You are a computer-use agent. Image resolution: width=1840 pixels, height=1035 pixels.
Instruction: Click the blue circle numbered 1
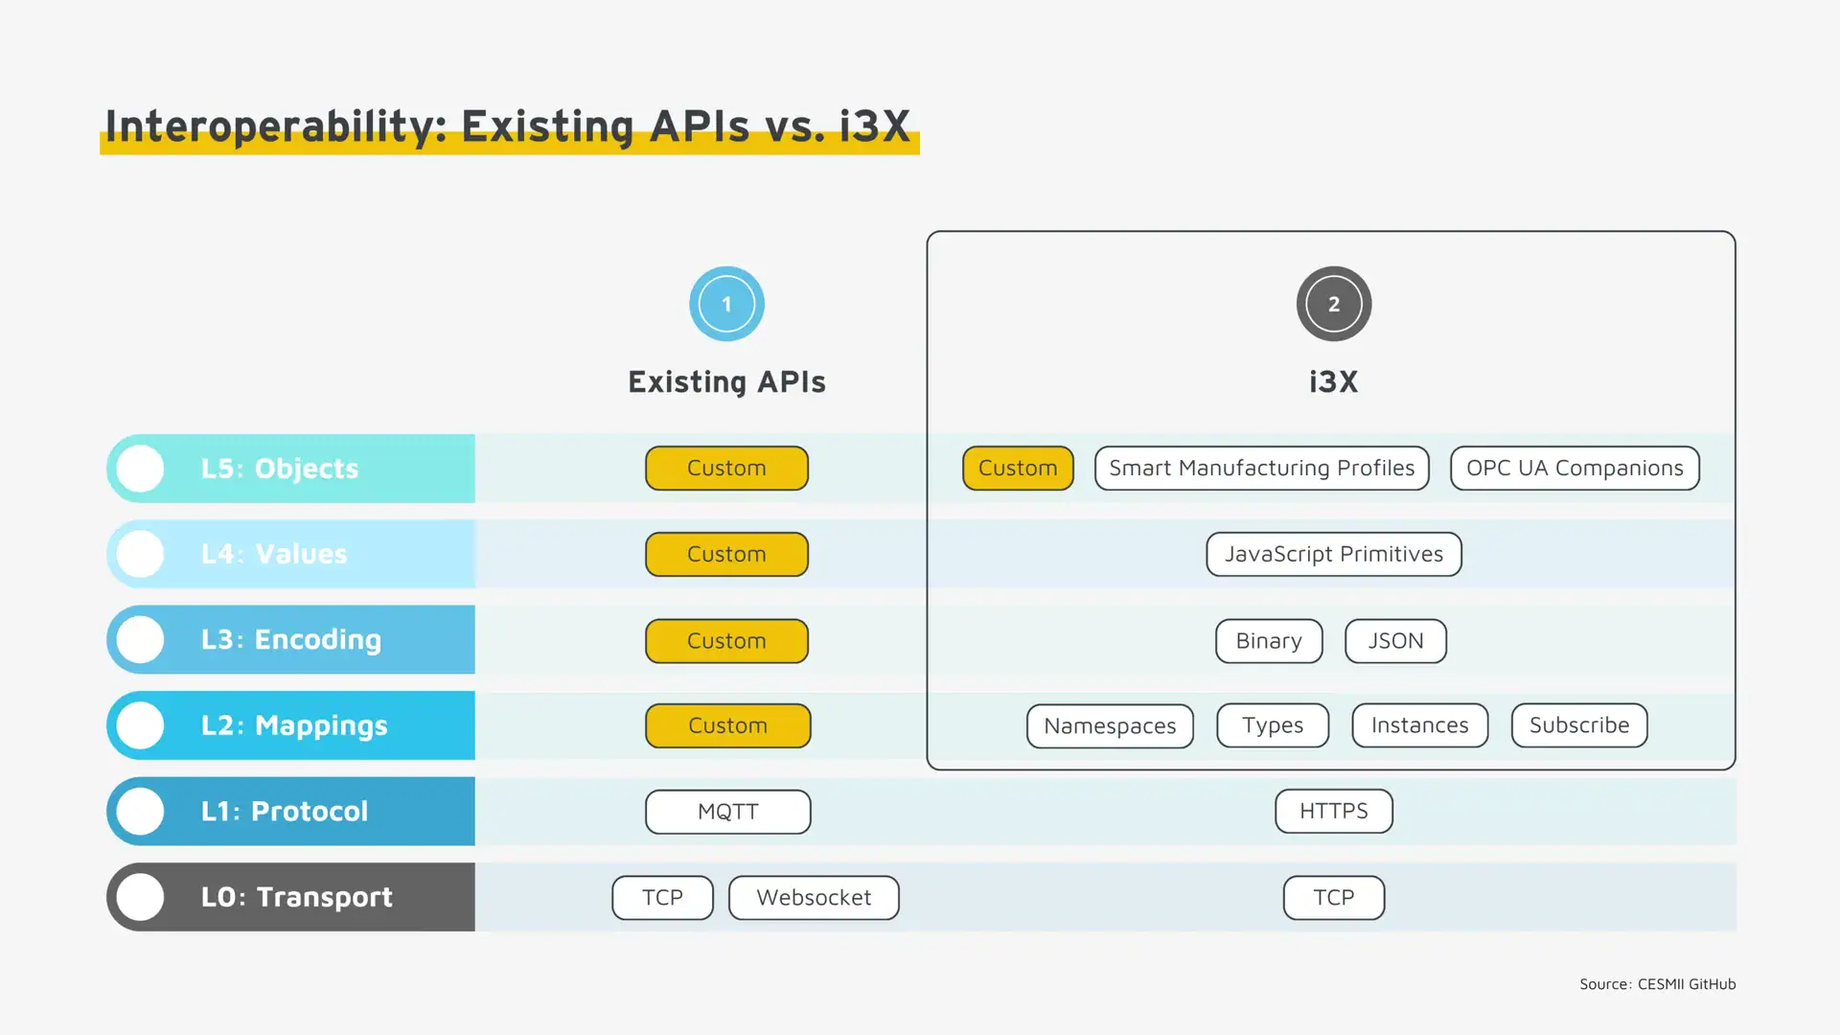pos(726,304)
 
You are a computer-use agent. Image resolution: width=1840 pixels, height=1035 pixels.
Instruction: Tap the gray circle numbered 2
pos(1333,304)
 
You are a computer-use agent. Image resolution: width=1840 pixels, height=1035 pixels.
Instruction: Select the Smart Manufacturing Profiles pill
pos(1261,468)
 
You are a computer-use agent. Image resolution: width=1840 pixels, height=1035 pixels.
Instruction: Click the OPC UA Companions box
pos(1574,468)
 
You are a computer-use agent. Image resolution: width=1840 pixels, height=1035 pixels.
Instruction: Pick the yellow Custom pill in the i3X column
pos(1017,468)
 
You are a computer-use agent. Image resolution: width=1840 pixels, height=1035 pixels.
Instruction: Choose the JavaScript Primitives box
pos(1333,554)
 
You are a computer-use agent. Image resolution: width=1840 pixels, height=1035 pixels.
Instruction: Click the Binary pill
pos(1268,640)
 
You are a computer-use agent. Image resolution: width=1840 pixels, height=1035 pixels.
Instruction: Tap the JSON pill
pos(1394,640)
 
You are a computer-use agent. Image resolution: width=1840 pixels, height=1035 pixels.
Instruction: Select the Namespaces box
pos(1109,725)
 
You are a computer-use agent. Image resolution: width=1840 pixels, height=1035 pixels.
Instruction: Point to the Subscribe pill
pos(1578,725)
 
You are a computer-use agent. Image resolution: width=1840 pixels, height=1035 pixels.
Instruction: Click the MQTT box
pos(727,811)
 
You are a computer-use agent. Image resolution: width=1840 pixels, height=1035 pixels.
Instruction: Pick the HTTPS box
pos(1333,811)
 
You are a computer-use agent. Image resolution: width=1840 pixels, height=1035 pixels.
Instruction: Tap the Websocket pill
pos(813,897)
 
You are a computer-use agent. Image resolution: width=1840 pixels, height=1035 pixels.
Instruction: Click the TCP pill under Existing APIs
pos(662,897)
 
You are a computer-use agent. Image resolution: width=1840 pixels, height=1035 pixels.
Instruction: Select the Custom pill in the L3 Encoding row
pos(726,640)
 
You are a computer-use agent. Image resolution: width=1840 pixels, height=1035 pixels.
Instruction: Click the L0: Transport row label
pos(296,896)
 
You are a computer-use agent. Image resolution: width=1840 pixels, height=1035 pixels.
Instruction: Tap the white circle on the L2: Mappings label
pos(141,725)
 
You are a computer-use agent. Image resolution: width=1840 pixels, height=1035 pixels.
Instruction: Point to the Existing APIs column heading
pos(726,381)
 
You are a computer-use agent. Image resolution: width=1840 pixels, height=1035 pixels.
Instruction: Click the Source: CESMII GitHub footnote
pos(1657,984)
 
